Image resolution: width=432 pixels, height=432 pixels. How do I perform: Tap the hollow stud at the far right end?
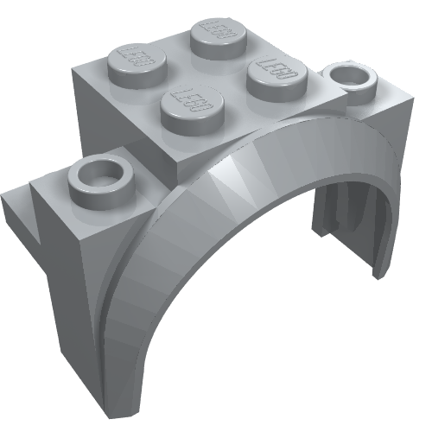350,79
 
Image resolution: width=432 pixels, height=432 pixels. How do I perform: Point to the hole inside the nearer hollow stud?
101,172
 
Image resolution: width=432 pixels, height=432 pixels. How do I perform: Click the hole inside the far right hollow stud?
350,74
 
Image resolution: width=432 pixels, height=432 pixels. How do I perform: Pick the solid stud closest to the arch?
193,110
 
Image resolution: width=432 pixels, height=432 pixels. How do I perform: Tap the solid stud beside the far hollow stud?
277,79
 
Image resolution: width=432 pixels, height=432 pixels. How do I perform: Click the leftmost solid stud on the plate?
137,66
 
